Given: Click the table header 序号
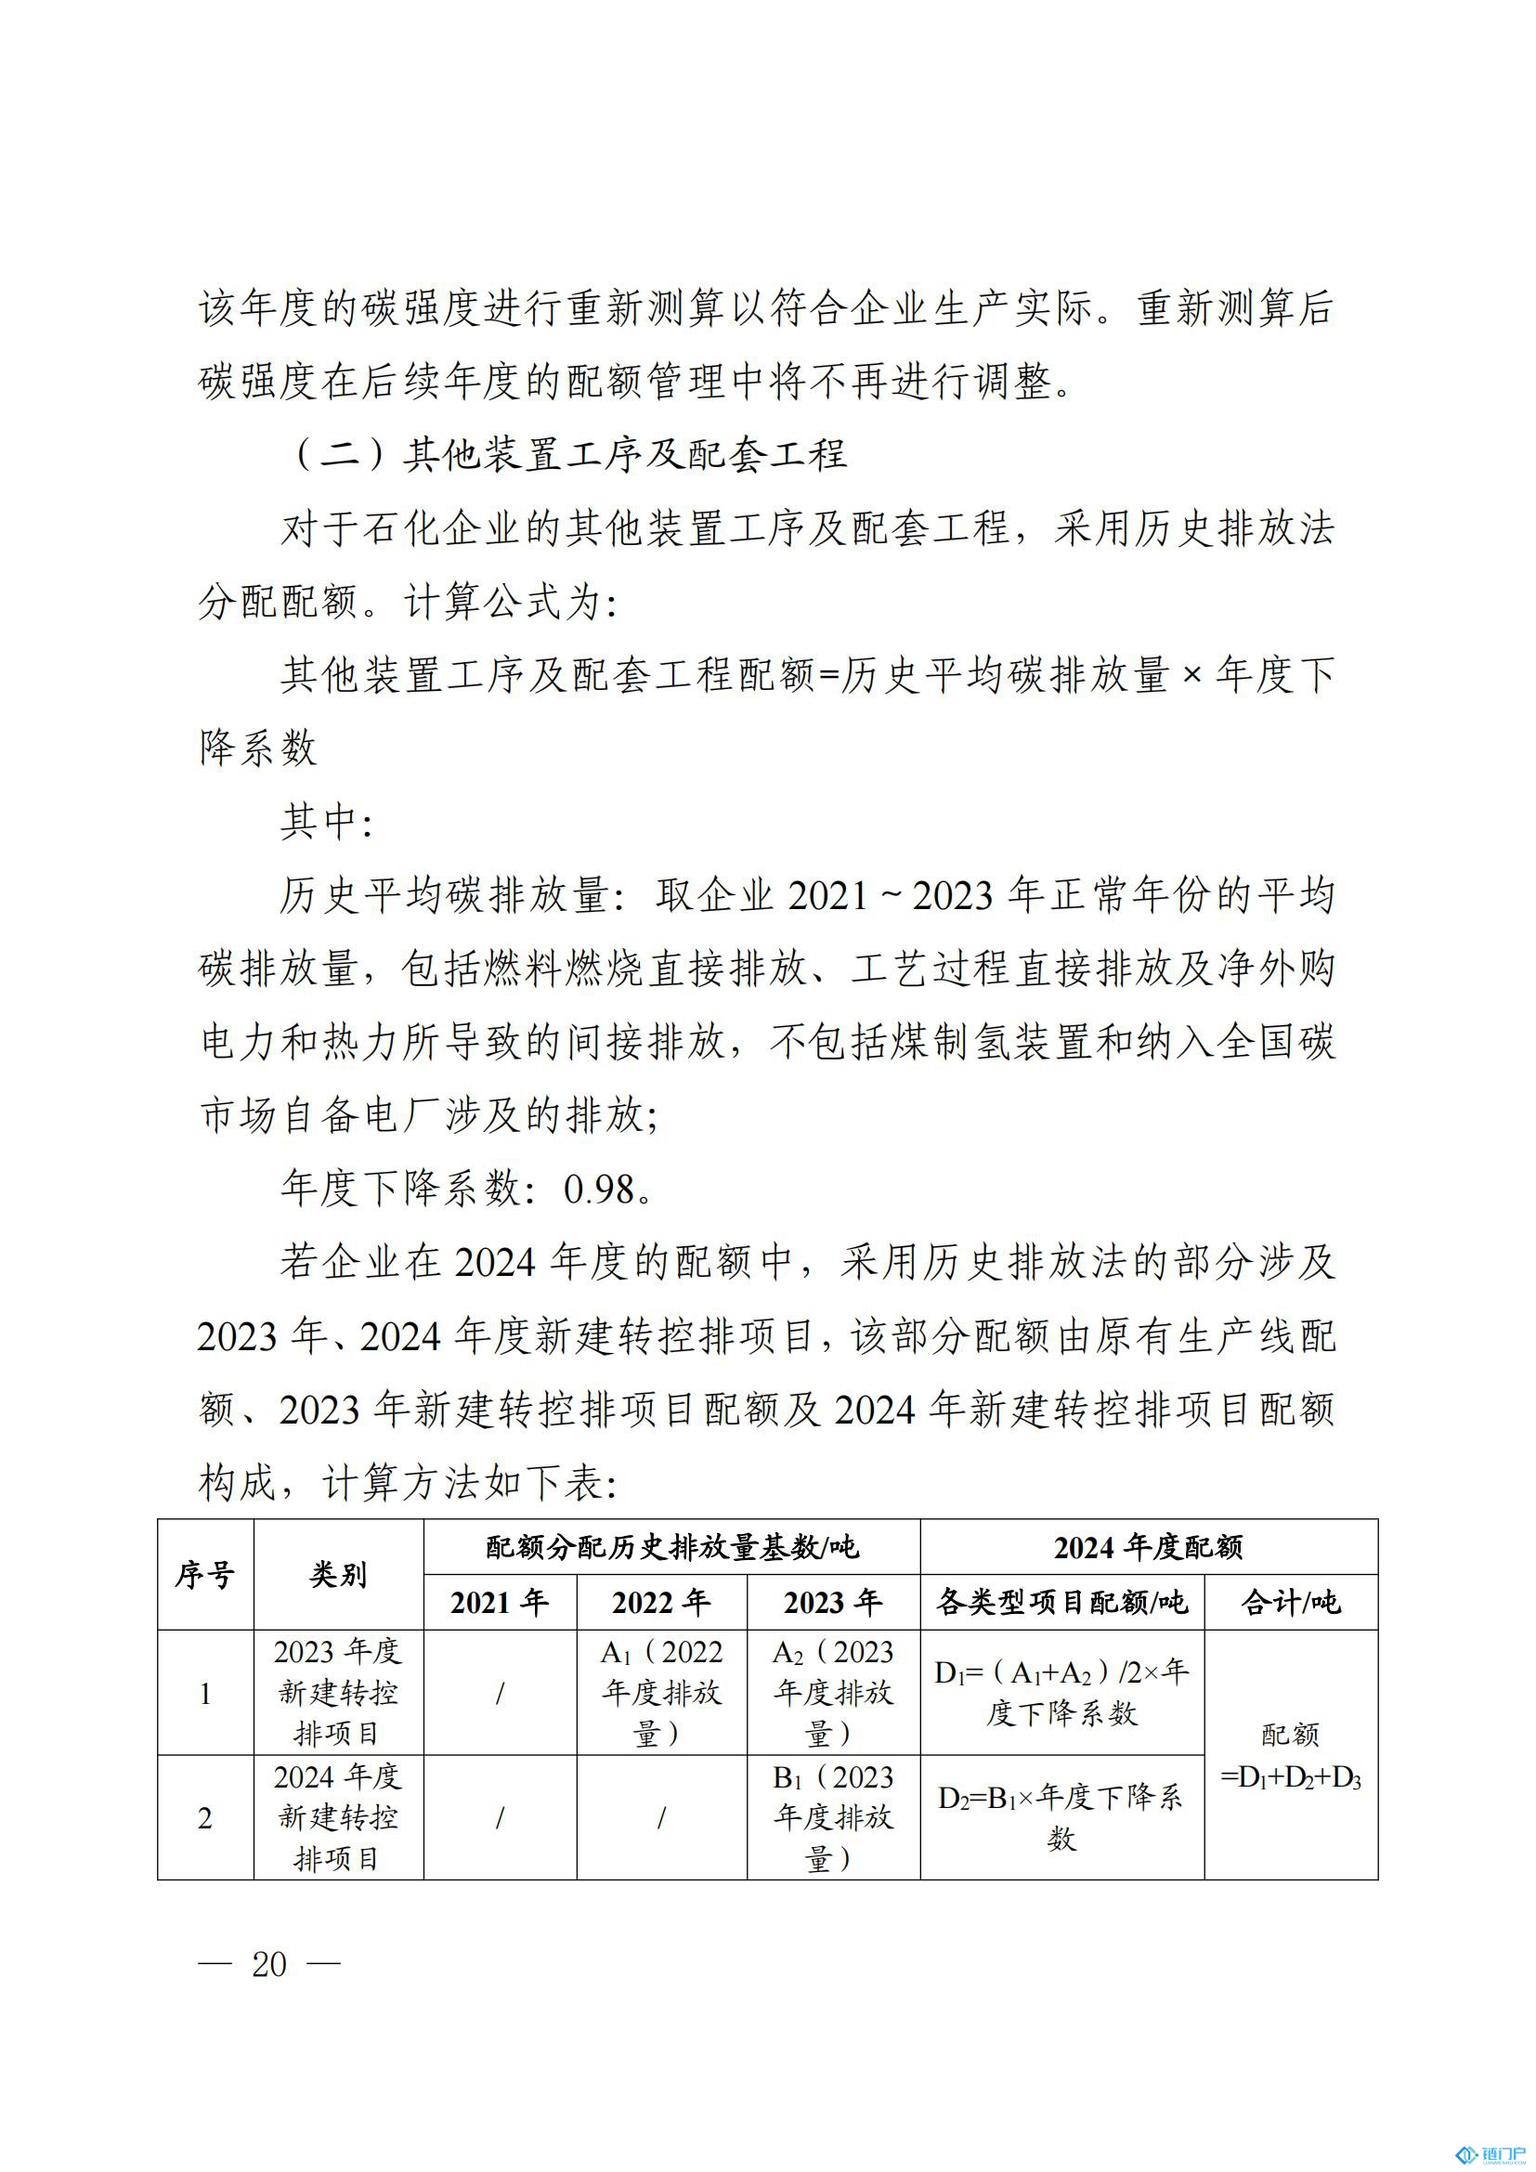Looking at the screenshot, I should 204,1575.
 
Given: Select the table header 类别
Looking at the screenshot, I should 338,1575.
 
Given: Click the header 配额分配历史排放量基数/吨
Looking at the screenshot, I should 671,1548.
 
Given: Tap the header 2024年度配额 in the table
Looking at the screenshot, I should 1148,1548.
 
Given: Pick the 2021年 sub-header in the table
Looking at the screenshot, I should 500,1603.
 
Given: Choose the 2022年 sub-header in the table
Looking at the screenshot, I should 661,1603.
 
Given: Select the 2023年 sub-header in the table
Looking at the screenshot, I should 832,1603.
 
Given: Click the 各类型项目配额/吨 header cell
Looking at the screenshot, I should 1061,1603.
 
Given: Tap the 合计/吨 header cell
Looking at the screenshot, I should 1290,1603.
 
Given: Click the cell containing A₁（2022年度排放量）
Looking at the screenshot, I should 661,1693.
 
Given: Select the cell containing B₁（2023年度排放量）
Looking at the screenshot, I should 832,1817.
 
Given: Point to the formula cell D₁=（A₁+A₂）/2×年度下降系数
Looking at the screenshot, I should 1061,1693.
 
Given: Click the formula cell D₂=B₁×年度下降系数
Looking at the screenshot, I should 1061,1817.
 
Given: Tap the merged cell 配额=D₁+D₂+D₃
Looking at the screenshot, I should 1290,1756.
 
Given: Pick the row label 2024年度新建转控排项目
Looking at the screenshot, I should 338,1817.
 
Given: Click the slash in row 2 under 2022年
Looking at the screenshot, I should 661,1817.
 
